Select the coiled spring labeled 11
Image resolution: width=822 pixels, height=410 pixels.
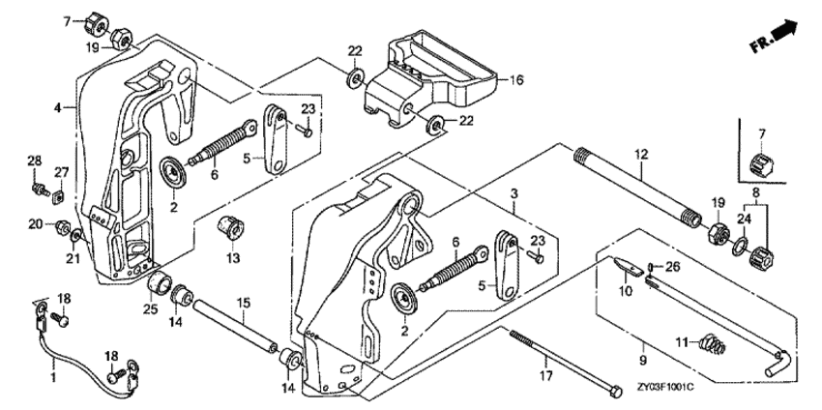712,342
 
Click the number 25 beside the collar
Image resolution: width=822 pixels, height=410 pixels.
150,308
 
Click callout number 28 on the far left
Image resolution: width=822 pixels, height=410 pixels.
33,160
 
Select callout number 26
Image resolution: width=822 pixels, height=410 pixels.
675,266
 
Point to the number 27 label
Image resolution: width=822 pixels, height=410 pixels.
61,172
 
